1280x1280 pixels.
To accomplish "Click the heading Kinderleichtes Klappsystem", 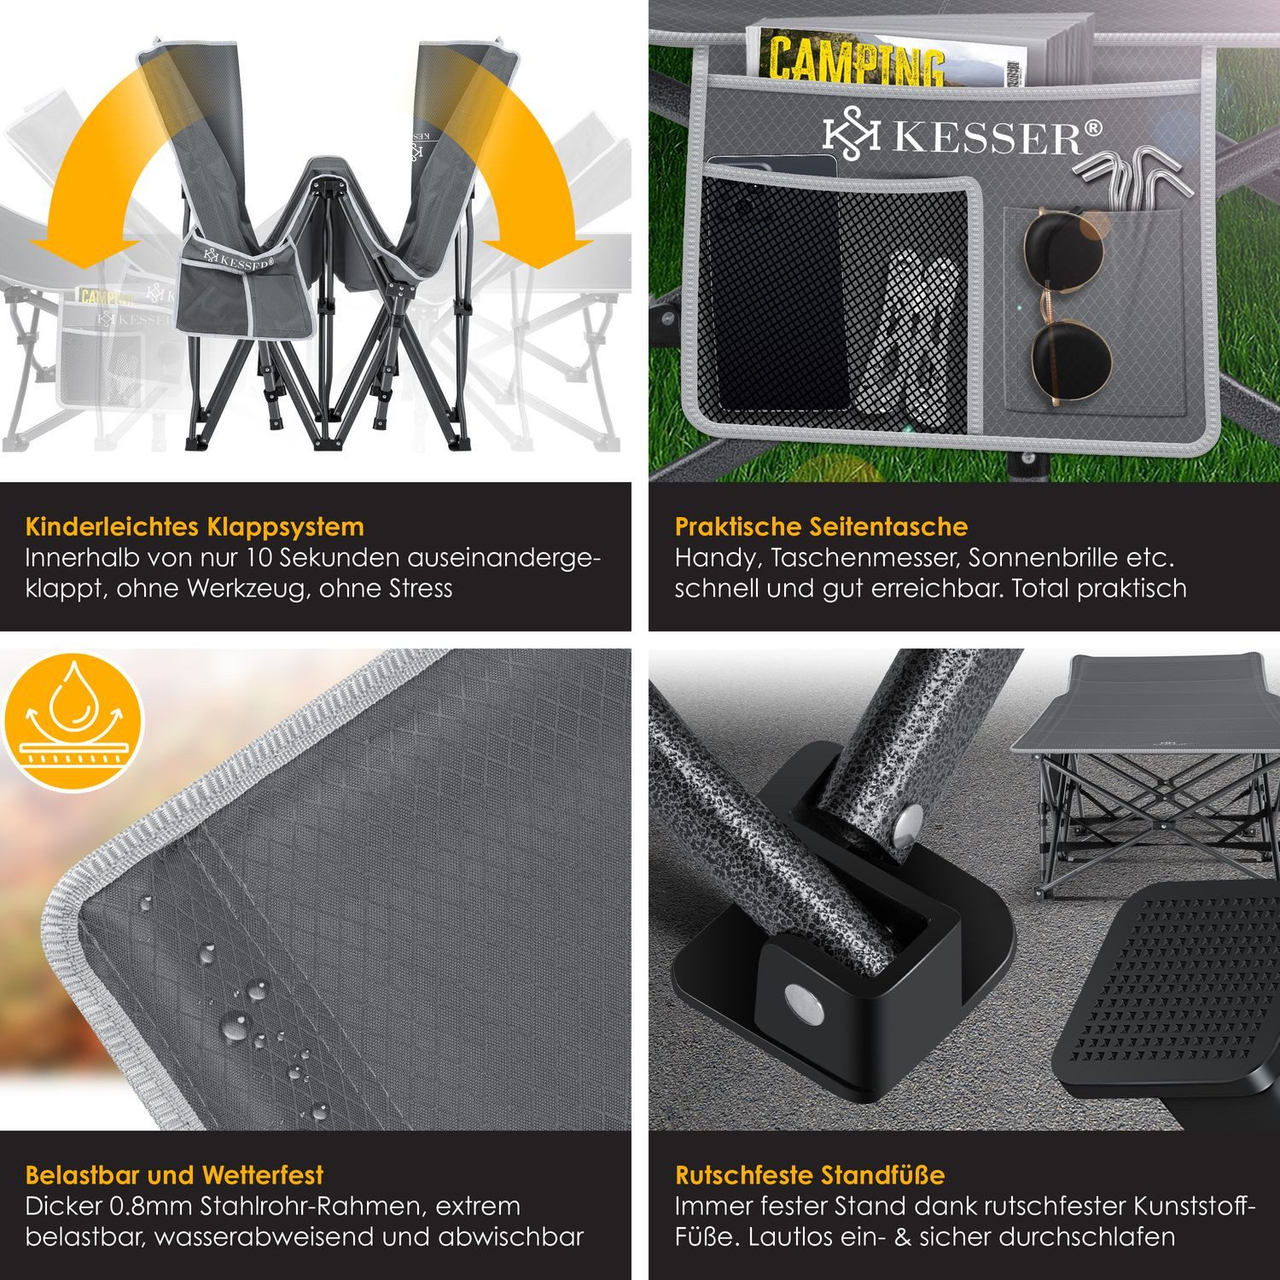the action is [195, 527].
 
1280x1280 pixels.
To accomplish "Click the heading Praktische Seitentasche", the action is [821, 527].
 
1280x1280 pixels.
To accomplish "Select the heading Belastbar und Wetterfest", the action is [174, 1175].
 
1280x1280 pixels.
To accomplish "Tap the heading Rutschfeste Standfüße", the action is [810, 1175].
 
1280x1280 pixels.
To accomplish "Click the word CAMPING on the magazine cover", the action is [856, 57].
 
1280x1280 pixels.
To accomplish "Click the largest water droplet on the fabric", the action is [235, 1025].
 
